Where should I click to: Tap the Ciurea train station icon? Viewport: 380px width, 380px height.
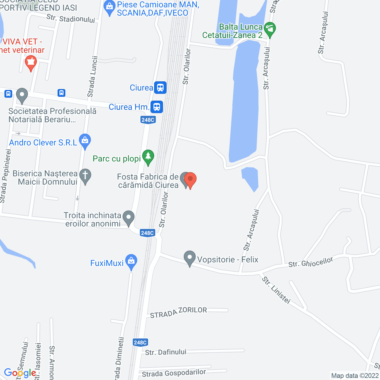[x=160, y=88]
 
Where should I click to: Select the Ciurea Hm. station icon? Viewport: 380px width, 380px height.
[x=157, y=107]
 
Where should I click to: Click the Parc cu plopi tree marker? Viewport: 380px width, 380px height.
[x=148, y=157]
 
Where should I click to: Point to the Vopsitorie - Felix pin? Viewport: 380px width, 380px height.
[x=190, y=258]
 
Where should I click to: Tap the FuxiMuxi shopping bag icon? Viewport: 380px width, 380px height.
[x=131, y=262]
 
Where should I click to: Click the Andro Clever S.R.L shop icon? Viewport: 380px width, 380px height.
[x=85, y=142]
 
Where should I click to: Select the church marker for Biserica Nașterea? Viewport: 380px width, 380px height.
[x=85, y=176]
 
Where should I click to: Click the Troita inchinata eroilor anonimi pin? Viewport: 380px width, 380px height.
[x=128, y=218]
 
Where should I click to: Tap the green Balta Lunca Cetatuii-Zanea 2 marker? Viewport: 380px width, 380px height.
[x=270, y=30]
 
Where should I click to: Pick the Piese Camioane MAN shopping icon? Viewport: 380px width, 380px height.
[x=110, y=8]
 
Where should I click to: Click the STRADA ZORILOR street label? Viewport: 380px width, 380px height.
[x=178, y=312]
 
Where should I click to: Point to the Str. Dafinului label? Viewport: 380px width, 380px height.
[x=166, y=352]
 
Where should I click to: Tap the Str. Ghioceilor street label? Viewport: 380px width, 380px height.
[x=311, y=262]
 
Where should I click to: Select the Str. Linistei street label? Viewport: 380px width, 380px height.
[x=276, y=290]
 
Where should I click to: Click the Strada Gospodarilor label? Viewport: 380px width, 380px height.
[x=174, y=373]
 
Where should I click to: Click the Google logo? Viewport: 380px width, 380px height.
[x=20, y=373]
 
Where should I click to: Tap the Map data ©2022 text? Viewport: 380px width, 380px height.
[x=355, y=376]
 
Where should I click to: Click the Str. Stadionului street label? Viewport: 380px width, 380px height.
[x=71, y=19]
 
